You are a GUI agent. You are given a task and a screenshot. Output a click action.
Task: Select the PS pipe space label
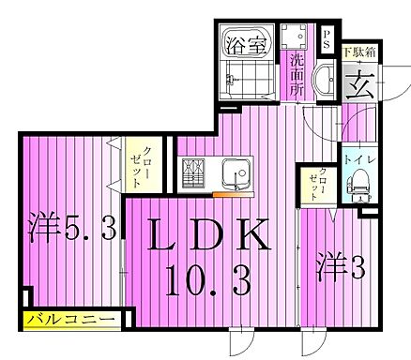pos(327,37)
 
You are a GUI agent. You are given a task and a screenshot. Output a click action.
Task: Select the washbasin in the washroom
pos(324,82)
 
